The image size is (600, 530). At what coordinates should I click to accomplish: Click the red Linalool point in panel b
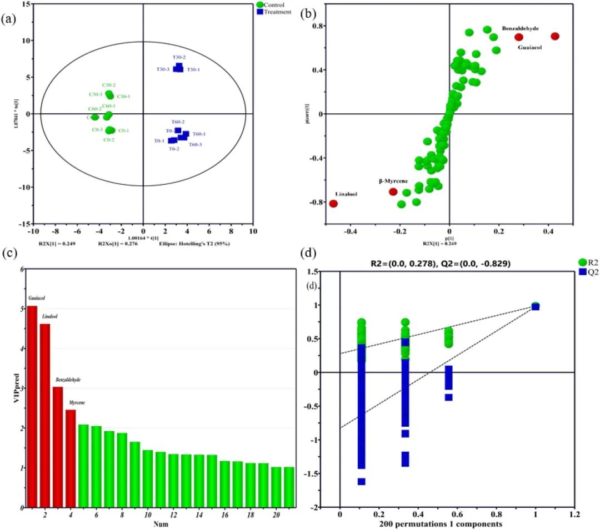[333, 204]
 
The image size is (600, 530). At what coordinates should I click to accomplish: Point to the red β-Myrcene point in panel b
[393, 191]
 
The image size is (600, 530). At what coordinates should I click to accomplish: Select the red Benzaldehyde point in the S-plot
[519, 37]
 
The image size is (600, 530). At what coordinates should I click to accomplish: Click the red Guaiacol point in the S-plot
[554, 36]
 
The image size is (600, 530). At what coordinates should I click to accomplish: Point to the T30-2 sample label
[179, 57]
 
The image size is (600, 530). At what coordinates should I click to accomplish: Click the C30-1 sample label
[123, 97]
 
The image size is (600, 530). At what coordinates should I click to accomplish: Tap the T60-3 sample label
[195, 144]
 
